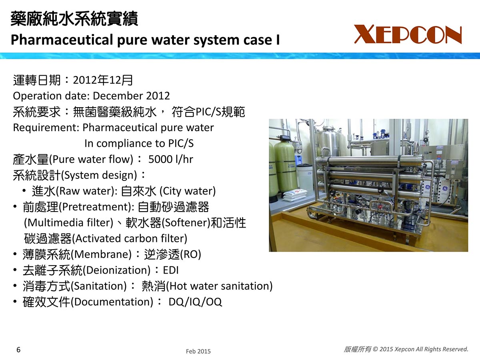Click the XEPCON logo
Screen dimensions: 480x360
(x=408, y=34)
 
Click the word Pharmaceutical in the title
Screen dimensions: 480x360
(x=62, y=40)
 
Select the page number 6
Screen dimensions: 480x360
(x=18, y=350)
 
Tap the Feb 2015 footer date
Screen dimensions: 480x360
(x=198, y=351)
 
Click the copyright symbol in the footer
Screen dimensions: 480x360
(x=375, y=349)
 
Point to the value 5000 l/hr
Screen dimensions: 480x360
(x=170, y=159)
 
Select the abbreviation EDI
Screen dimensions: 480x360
(x=171, y=270)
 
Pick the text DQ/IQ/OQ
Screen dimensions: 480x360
(x=195, y=302)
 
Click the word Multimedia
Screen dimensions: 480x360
(x=56, y=222)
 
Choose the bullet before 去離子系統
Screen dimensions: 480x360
(x=15, y=270)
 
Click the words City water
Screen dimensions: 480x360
(x=188, y=191)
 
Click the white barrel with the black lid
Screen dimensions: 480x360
(x=305, y=178)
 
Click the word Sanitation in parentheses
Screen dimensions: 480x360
(x=99, y=286)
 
